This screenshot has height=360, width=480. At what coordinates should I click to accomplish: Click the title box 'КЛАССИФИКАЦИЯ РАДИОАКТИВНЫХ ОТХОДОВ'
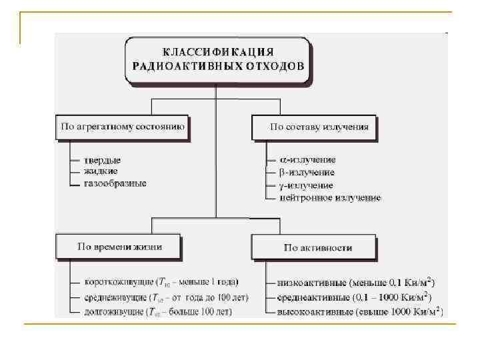217,59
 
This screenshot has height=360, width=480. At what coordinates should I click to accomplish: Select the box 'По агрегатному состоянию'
123,127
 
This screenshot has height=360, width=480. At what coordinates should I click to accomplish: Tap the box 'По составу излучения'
313,127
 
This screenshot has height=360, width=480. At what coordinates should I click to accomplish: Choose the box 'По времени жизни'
121,247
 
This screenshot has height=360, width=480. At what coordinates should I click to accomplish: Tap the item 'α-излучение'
308,160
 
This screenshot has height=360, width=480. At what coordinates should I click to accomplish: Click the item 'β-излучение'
308,172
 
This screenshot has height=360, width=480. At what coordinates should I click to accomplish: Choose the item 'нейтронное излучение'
331,197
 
